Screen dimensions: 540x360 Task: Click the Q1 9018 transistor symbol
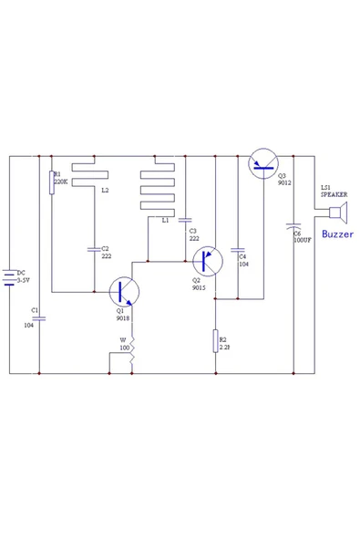(x=124, y=292)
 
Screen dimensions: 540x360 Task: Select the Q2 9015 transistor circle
(x=208, y=261)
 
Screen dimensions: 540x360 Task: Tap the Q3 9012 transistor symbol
(x=264, y=164)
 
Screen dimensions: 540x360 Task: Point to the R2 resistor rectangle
(x=216, y=342)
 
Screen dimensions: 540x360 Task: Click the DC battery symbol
(x=10, y=276)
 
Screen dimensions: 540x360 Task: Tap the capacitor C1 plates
(x=39, y=317)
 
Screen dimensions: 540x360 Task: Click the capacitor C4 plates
(x=238, y=248)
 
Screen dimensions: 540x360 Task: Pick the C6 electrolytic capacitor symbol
(x=293, y=224)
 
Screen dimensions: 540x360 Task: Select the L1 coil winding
(x=157, y=192)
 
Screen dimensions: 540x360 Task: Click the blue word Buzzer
(x=336, y=234)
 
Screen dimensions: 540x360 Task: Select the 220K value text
(x=61, y=182)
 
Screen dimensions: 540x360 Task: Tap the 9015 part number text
(x=199, y=288)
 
